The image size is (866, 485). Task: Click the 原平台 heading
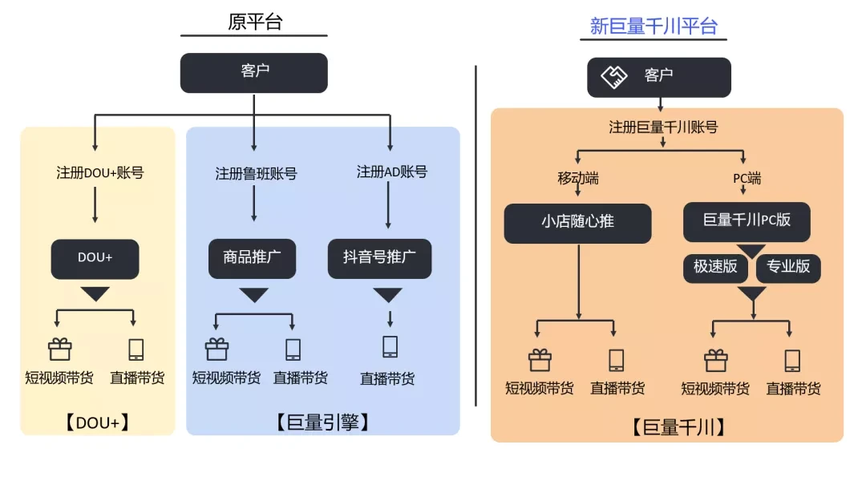[x=254, y=22]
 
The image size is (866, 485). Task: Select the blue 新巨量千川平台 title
[x=653, y=26]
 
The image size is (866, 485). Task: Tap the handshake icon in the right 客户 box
[x=614, y=77]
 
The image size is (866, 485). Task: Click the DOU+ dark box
[x=95, y=258]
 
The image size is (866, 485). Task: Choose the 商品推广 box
[x=253, y=258]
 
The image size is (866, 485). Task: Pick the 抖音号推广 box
[x=379, y=258]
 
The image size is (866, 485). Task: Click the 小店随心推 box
[x=577, y=222]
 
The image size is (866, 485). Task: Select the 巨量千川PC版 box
[x=747, y=220]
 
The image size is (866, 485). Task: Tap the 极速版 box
[x=716, y=268]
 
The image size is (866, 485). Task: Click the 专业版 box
[x=787, y=268]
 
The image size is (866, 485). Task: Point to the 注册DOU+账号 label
[x=99, y=172]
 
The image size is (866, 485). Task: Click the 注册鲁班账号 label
[x=256, y=173]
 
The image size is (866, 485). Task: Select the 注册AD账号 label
[x=391, y=172]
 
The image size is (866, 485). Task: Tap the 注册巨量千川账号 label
[x=662, y=127]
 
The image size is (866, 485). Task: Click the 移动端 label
[x=577, y=178]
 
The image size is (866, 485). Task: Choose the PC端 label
[x=746, y=178]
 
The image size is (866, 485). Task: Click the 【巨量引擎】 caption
[x=322, y=422]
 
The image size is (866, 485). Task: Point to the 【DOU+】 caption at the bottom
[x=97, y=422]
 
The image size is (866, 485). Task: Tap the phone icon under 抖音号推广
[x=390, y=346]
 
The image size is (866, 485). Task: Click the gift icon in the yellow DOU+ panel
[x=60, y=350]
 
